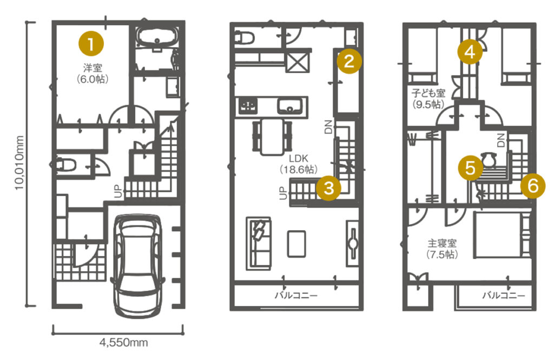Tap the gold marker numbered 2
tap(349, 61)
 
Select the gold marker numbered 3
tap(329, 188)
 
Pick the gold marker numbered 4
tap(470, 52)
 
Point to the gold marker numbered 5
tap(470, 168)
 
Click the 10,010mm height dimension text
tap(19, 163)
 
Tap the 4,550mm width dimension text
tap(123, 342)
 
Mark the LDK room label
tap(299, 163)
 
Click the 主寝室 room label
tap(442, 248)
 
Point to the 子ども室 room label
tap(428, 99)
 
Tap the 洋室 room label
tap(93, 73)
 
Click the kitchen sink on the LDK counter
tap(290, 106)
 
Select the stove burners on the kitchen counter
tap(248, 106)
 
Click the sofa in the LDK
tap(259, 243)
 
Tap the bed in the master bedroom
tap(502, 234)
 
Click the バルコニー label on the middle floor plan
tap(296, 295)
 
